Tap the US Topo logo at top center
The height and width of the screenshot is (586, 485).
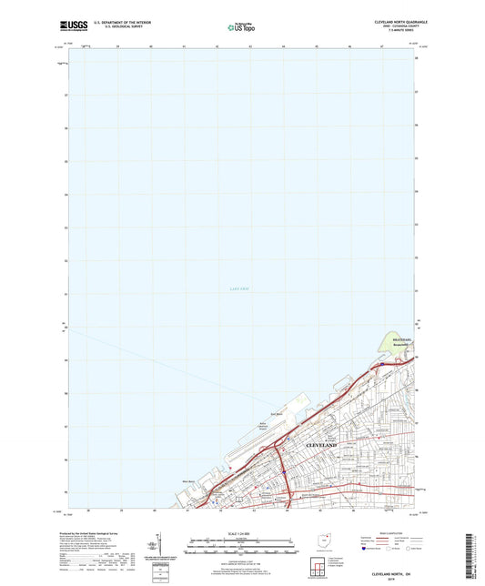241,27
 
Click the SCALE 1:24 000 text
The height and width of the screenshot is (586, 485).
241,533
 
